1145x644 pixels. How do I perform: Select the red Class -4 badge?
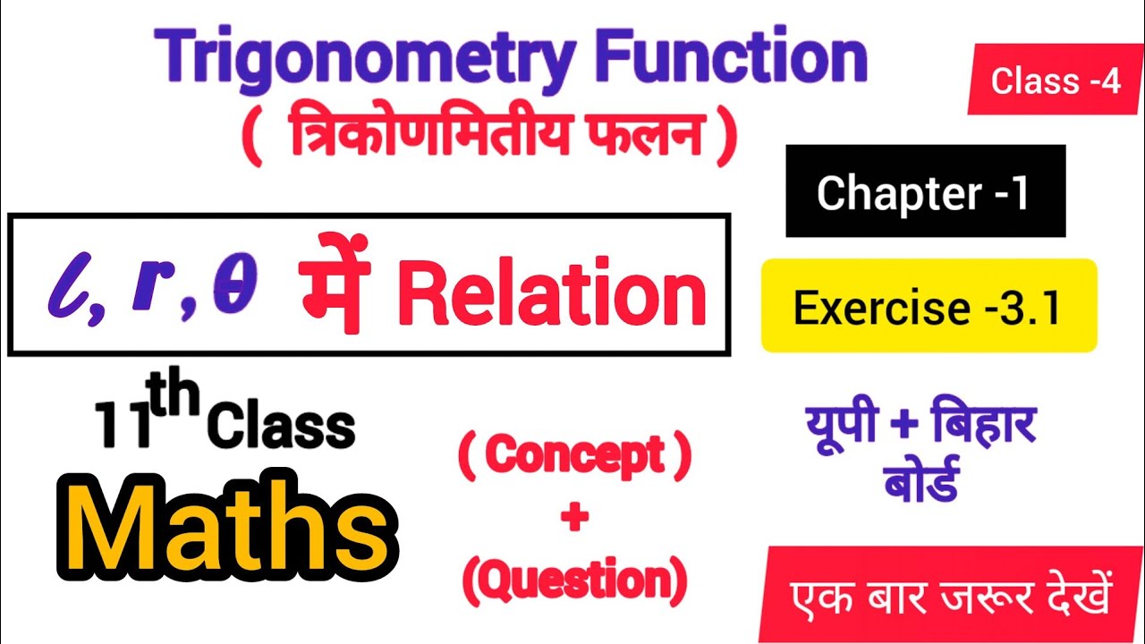click(1056, 81)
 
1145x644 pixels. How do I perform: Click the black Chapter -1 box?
click(925, 192)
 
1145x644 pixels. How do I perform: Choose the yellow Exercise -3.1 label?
click(928, 308)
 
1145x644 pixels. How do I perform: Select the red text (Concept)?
click(574, 456)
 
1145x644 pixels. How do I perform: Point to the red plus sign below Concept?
click(573, 519)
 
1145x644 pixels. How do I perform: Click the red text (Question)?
click(574, 582)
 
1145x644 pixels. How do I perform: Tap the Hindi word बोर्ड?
click(921, 482)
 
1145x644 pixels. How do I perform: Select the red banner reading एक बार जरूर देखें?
click(950, 597)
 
